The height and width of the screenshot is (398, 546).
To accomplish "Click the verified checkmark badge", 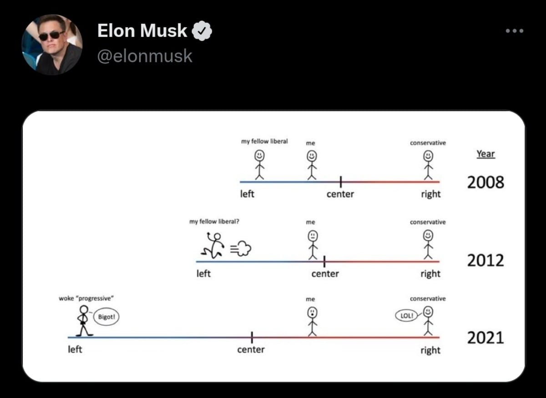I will pyautogui.click(x=202, y=31).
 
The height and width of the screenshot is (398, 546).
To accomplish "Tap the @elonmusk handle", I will pyautogui.click(x=145, y=56).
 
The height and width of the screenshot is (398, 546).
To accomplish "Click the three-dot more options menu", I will pyautogui.click(x=515, y=31).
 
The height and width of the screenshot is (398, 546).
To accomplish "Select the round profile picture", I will pyautogui.click(x=52, y=45).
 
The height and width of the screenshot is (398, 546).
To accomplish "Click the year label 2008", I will pyautogui.click(x=485, y=183).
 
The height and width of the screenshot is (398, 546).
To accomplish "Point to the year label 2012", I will pyautogui.click(x=485, y=261).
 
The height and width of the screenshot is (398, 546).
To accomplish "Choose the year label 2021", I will pyautogui.click(x=485, y=338).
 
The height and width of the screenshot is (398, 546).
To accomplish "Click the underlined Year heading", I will pyautogui.click(x=485, y=154).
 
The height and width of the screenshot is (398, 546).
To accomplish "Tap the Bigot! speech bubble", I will pyautogui.click(x=106, y=317).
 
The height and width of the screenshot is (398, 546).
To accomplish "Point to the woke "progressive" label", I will pyautogui.click(x=86, y=298).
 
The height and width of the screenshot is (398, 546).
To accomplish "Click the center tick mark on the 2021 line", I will pyautogui.click(x=252, y=337).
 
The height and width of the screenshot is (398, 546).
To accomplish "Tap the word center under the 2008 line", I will pyautogui.click(x=340, y=194).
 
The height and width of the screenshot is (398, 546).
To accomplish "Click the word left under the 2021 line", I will pyautogui.click(x=75, y=350).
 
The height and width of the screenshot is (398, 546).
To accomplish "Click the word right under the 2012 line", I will pyautogui.click(x=430, y=274).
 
